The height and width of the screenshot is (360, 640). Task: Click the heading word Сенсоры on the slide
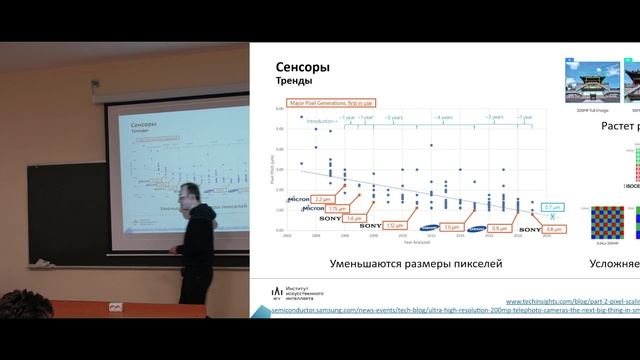tap(303, 67)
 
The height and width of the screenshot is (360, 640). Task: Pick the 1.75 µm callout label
tap(339, 208)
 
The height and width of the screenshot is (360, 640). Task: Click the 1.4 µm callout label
tap(354, 217)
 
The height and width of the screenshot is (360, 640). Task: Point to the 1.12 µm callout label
tap(395, 226)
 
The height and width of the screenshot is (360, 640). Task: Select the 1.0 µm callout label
tap(452, 227)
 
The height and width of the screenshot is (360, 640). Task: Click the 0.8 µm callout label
tap(556, 229)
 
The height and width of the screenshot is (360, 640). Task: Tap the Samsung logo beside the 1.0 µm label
tap(426, 227)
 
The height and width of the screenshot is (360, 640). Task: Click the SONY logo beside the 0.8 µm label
tap(529, 229)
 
